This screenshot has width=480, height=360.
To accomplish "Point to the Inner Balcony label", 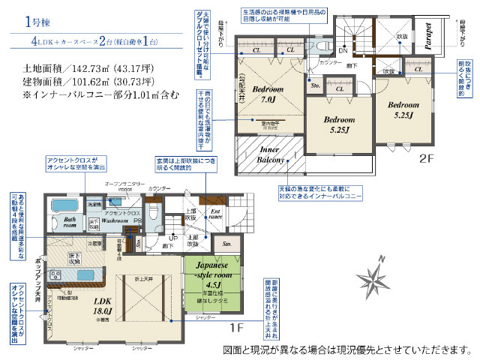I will pyautogui.click(x=268, y=154).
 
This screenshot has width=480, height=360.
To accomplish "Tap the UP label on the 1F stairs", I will pyautogui.click(x=175, y=238).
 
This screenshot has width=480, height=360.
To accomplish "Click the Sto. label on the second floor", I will pyautogui.click(x=315, y=86).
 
